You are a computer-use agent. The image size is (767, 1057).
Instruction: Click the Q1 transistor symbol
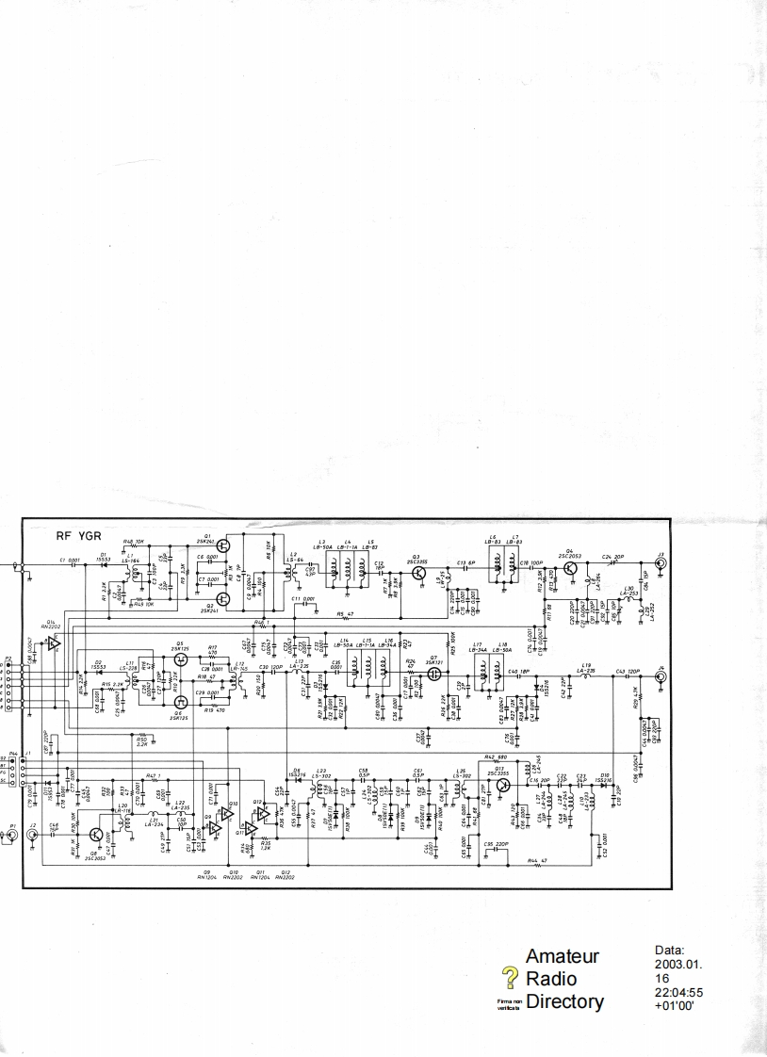click(x=222, y=545)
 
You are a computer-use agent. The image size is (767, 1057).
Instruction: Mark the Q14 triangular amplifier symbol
click(x=54, y=642)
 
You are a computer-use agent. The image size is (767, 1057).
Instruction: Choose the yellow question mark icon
click(x=512, y=977)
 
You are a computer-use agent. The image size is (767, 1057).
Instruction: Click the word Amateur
click(x=562, y=957)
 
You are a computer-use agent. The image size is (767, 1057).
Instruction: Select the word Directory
click(x=564, y=1001)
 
